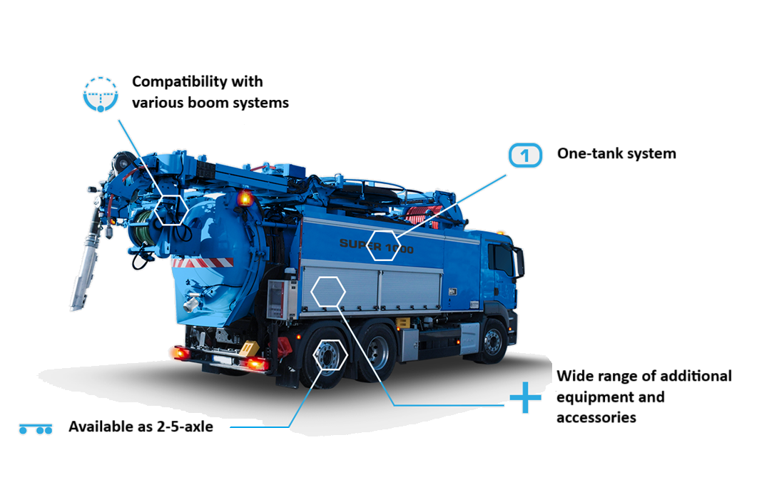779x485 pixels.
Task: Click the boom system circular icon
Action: (101, 94)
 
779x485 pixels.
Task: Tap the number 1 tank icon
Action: (525, 155)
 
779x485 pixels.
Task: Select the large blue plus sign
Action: (525, 397)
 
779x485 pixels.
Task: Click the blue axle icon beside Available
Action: (36, 429)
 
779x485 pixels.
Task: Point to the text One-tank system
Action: (616, 153)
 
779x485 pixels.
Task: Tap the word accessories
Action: (596, 417)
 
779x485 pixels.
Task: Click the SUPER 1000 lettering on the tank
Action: (376, 246)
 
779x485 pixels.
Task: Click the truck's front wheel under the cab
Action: (493, 342)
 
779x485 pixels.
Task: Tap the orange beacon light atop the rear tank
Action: (245, 198)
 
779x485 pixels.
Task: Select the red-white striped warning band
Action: (203, 262)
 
